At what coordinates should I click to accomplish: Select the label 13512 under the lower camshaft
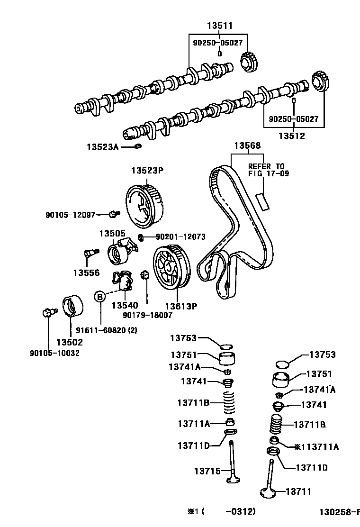point(291,136)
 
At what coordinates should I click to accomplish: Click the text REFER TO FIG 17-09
point(267,170)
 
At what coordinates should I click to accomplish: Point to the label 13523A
point(102,147)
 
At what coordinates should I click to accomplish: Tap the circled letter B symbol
point(100,297)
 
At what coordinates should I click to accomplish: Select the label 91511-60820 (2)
point(107,331)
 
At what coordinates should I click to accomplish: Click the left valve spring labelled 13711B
point(229,403)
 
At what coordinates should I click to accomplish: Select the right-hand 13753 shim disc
point(282,364)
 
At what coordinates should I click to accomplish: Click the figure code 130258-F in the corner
point(338,512)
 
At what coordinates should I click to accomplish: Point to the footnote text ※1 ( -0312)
point(222,511)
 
